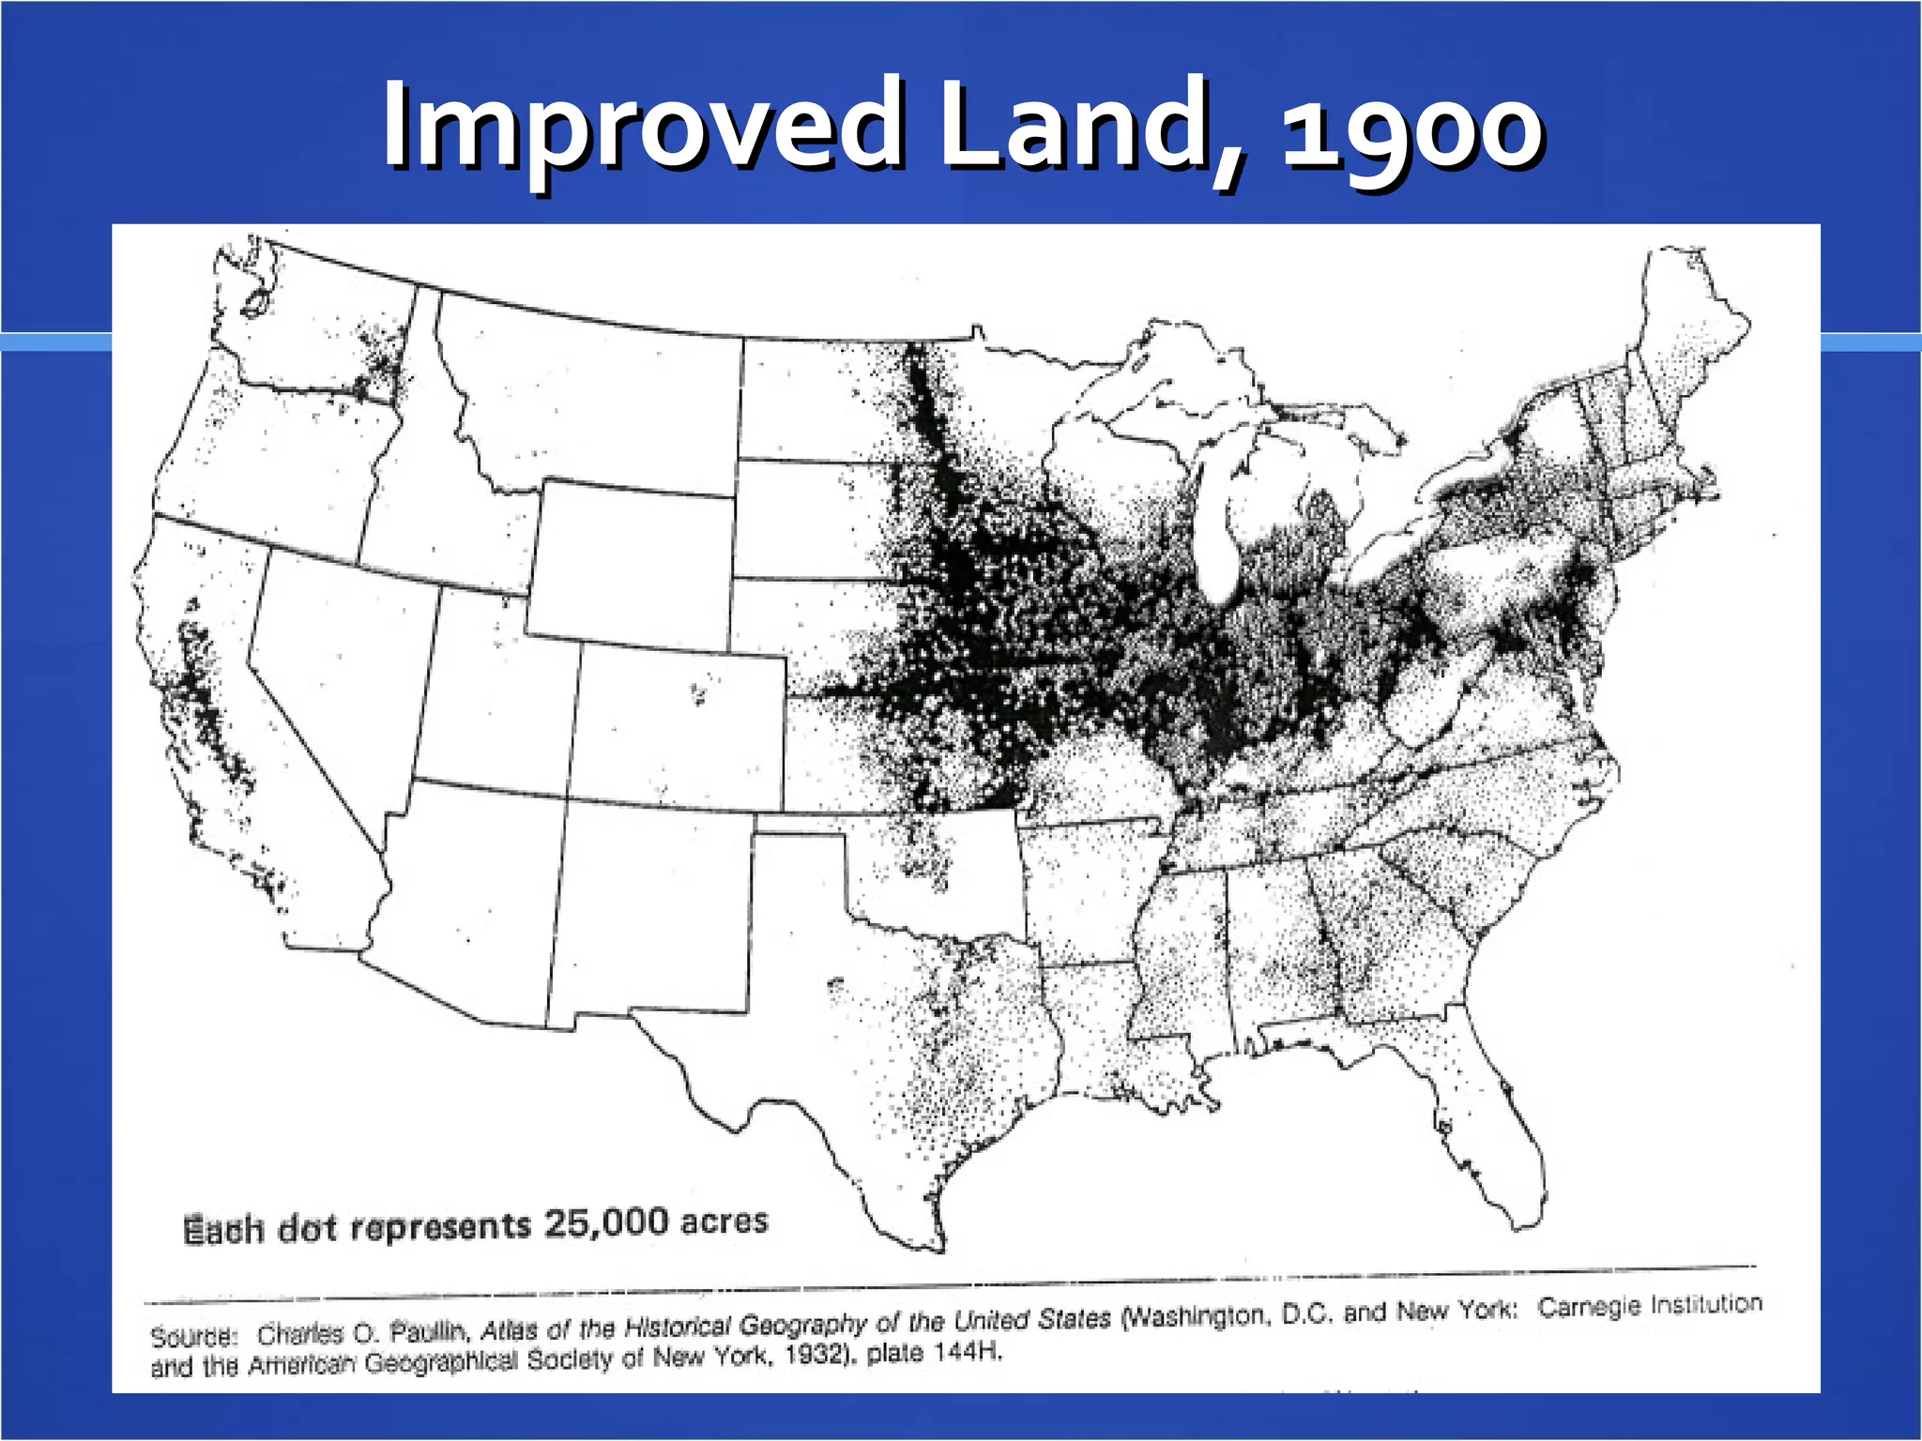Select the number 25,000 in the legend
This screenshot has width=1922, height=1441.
(x=606, y=1222)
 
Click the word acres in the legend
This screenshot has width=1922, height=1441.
(x=724, y=1221)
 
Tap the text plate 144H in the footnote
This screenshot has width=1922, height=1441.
(x=934, y=1353)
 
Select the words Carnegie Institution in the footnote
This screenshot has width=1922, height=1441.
(x=1650, y=1305)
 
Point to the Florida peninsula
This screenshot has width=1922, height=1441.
(x=1492, y=1126)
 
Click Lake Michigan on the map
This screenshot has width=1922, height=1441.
(x=1220, y=525)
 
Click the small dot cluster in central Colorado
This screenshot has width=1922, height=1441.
(x=697, y=694)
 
